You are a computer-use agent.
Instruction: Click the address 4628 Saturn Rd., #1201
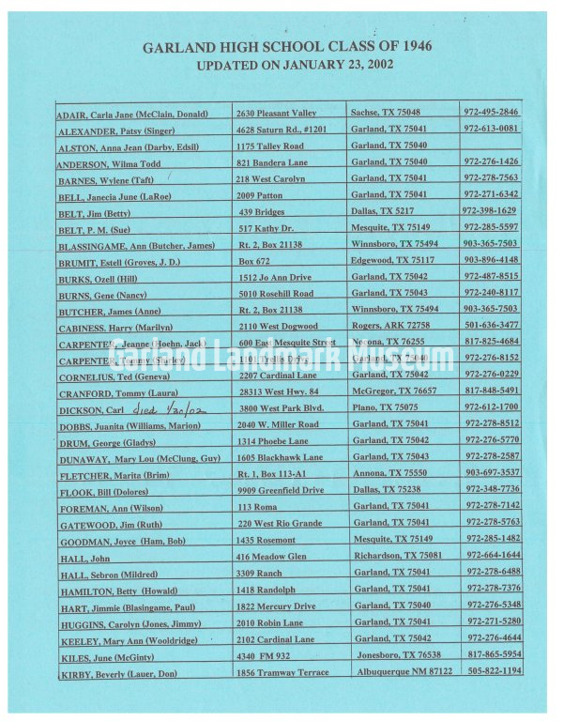tap(282, 129)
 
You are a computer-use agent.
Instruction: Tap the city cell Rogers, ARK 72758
tap(390, 326)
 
